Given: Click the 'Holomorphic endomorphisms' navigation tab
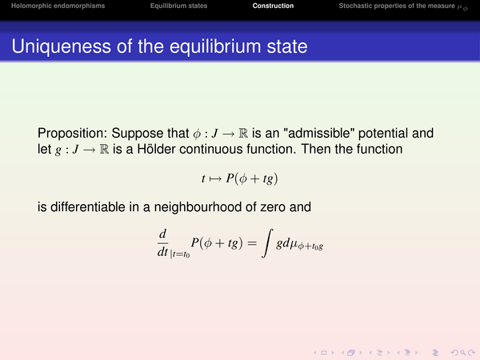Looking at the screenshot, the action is pyautogui.click(x=58, y=6).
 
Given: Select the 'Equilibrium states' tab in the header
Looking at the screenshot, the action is pyautogui.click(x=178, y=6).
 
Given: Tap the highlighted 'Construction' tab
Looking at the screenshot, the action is pyautogui.click(x=273, y=6).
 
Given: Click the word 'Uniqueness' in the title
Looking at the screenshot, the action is pyautogui.click(x=62, y=46).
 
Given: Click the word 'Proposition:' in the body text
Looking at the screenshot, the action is pyautogui.click(x=73, y=133).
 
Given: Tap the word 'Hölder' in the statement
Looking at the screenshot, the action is pyautogui.click(x=156, y=149).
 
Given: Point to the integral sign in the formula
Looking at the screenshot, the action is pyautogui.click(x=267, y=243).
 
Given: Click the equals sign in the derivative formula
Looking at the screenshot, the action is pyautogui.click(x=252, y=243).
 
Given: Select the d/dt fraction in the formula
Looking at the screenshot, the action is pyautogui.click(x=162, y=243).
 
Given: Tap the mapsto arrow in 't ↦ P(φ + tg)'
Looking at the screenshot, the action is pyautogui.click(x=215, y=178).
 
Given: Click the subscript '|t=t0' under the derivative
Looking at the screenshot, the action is pyautogui.click(x=180, y=254).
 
